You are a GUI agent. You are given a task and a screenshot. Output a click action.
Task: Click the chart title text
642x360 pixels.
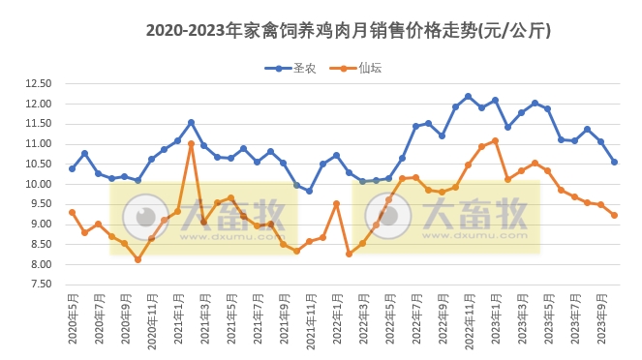coord(348,30)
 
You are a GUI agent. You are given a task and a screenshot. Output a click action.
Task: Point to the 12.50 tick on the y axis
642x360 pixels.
coord(37,83)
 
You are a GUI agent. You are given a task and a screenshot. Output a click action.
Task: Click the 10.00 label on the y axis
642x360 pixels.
coord(37,184)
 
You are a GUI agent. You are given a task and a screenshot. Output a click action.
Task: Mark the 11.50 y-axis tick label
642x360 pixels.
coord(37,124)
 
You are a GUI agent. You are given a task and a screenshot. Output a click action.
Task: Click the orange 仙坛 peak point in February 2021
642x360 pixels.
coord(191,143)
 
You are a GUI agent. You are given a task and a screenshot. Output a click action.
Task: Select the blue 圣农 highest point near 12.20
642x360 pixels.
coord(468,96)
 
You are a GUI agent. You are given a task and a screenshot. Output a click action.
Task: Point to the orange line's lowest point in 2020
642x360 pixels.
coord(138,259)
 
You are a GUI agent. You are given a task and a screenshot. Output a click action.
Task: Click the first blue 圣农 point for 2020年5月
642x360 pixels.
coord(72,168)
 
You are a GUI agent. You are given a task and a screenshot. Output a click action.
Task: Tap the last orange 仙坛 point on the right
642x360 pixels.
coord(614,215)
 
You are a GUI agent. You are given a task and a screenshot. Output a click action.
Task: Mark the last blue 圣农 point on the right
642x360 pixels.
coord(614,162)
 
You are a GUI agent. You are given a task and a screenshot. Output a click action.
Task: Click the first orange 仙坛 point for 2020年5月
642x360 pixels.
coord(72,212)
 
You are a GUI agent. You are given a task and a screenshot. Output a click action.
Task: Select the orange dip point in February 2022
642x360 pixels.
coord(349,254)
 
